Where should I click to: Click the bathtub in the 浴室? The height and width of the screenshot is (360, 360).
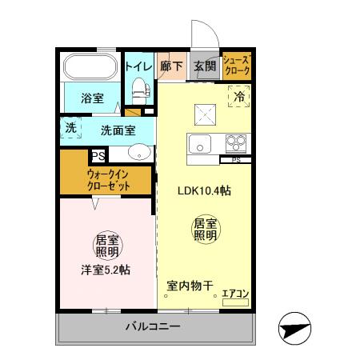[x=90, y=67]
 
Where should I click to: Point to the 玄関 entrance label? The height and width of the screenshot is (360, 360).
[x=203, y=66]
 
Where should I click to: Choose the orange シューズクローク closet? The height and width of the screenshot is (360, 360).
[x=237, y=66]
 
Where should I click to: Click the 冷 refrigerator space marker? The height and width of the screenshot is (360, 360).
[x=238, y=97]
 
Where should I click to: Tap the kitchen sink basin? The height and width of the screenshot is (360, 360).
[x=200, y=145]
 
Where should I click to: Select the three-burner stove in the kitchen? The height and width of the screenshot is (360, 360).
[x=236, y=145]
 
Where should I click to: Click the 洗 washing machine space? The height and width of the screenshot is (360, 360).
[x=71, y=128]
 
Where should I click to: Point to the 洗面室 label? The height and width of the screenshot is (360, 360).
[x=118, y=130]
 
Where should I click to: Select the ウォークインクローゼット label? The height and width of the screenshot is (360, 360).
[x=108, y=181]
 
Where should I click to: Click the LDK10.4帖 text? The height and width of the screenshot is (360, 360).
[x=204, y=190]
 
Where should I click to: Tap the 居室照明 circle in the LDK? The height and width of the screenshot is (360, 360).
[x=205, y=230]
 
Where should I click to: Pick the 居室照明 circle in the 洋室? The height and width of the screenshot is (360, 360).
[x=107, y=246]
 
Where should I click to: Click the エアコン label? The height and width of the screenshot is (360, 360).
[x=235, y=294]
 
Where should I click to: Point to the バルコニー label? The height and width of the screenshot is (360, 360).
[x=152, y=326]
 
